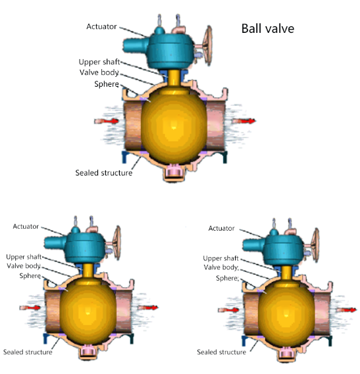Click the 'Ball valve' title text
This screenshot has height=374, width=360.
(268, 29)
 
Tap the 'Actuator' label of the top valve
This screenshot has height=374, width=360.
(101, 26)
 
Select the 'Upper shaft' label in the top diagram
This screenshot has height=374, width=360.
(99, 62)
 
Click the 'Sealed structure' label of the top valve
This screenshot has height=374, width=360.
(104, 173)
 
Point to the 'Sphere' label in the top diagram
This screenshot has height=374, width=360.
(107, 84)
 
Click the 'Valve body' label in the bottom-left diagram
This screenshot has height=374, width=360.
(24, 266)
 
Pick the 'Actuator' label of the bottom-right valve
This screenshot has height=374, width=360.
(221, 228)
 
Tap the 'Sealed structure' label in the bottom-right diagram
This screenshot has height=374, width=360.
(221, 352)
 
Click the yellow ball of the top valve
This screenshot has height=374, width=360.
(174, 126)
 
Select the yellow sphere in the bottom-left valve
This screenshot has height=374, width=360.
(88, 312)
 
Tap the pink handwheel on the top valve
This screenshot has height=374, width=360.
(207, 45)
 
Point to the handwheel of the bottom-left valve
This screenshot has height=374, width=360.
(117, 243)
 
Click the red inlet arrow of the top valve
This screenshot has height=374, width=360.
(107, 121)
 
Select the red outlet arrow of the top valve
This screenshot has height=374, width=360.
(244, 121)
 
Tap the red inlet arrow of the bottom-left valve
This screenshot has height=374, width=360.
(30, 308)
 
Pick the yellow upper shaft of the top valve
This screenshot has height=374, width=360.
(174, 78)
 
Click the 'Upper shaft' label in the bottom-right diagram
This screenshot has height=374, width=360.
(220, 258)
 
